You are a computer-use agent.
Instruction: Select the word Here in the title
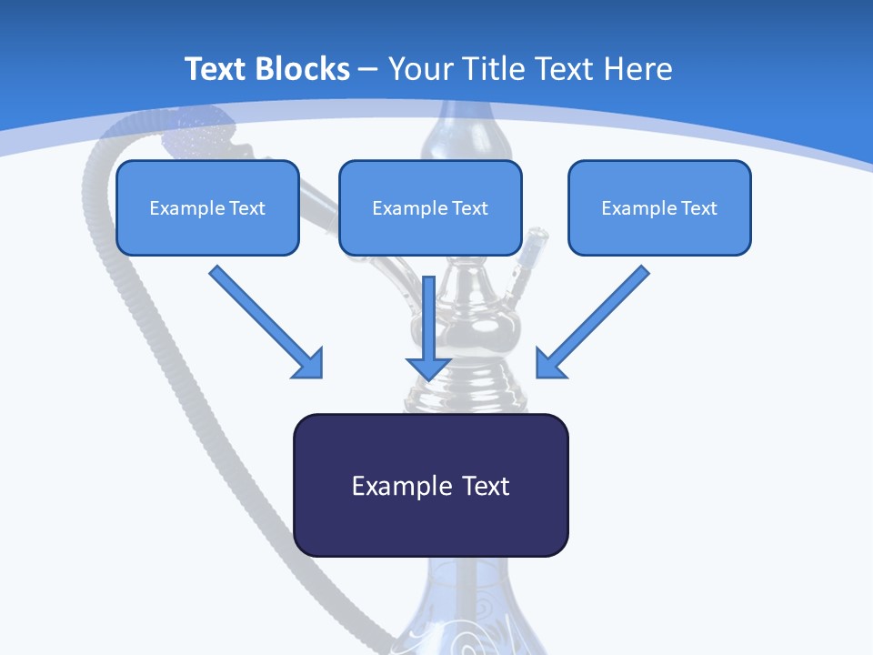tap(637, 69)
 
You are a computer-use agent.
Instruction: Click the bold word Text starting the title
tap(218, 69)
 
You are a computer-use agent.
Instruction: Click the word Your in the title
tap(421, 69)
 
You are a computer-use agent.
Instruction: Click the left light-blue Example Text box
tap(207, 207)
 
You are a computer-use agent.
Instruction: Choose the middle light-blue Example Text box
tap(430, 207)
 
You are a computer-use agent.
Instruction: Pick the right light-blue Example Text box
tap(659, 207)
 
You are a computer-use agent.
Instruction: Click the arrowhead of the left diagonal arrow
tap(310, 364)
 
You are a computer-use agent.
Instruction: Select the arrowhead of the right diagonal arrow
tap(549, 364)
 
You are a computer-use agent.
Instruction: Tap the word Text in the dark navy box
tap(486, 486)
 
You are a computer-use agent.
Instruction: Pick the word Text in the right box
tap(698, 208)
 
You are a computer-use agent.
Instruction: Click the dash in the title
tap(369, 69)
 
